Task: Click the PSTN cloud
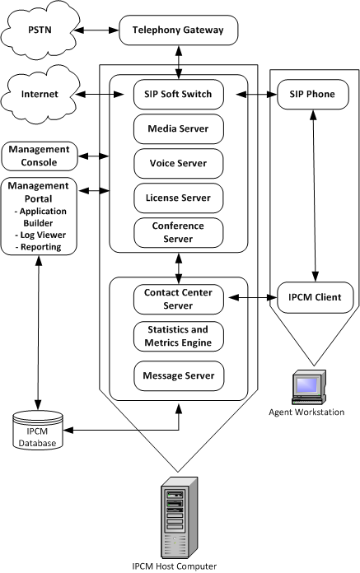click(x=36, y=33)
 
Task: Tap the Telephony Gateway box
click(x=179, y=33)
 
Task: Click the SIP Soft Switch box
click(x=179, y=95)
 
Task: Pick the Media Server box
click(x=179, y=128)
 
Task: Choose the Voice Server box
click(x=179, y=163)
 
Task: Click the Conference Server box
click(x=179, y=231)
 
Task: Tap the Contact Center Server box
click(x=179, y=298)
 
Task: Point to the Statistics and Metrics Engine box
click(x=179, y=337)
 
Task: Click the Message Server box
click(x=179, y=375)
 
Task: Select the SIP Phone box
click(x=313, y=95)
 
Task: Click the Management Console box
click(x=39, y=155)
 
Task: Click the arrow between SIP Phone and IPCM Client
click(x=313, y=194)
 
